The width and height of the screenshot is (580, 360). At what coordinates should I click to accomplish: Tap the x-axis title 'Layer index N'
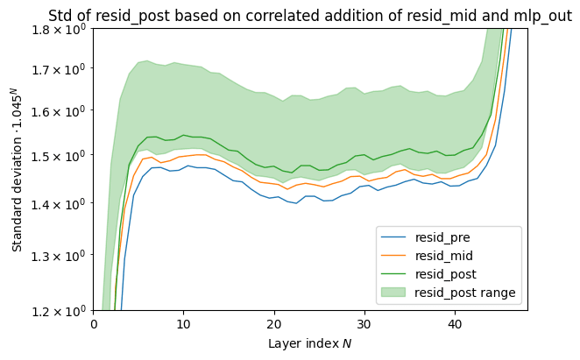coord(310,343)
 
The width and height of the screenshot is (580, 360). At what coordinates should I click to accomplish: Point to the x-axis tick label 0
coord(94,325)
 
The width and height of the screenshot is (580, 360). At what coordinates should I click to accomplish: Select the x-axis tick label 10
coord(184,325)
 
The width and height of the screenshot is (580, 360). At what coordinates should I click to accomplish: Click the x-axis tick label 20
coord(274,325)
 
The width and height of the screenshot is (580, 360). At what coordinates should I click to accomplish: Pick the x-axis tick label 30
coord(364,325)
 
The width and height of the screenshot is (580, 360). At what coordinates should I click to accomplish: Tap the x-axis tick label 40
coord(455,325)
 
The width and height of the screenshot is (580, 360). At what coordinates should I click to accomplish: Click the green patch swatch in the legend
coord(395,293)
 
